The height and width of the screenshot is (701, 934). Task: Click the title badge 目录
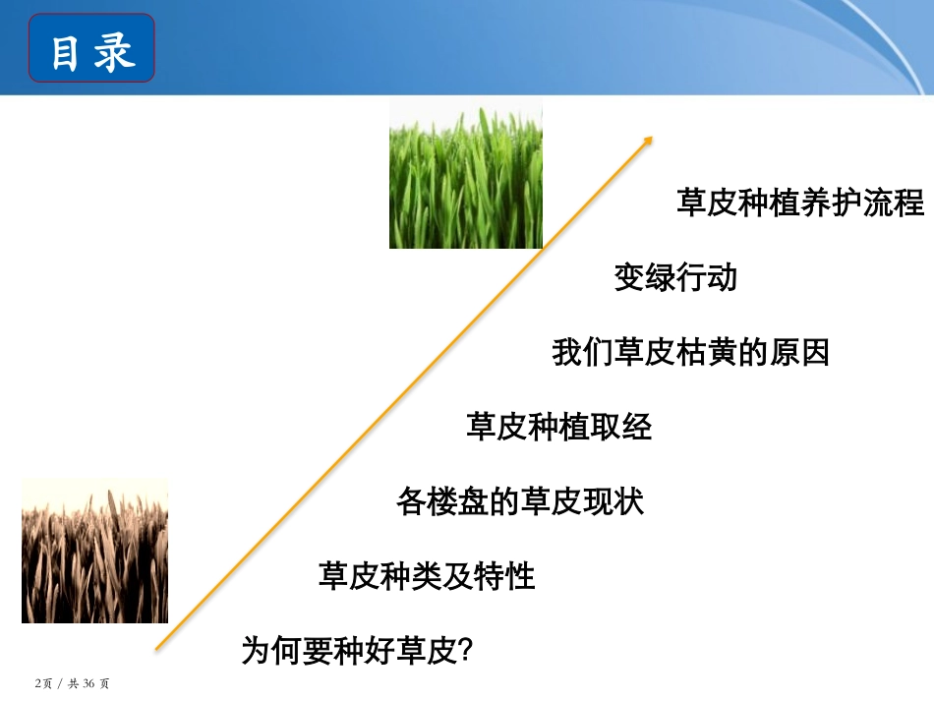[91, 48]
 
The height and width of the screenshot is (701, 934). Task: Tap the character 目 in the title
[65, 50]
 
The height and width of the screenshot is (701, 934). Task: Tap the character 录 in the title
[116, 50]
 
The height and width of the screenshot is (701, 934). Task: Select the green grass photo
[465, 174]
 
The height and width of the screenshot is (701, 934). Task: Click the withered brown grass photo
[94, 551]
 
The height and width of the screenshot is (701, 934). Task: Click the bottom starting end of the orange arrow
[157, 648]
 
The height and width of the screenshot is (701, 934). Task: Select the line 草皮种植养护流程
[800, 204]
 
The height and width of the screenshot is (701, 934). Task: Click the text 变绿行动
[675, 278]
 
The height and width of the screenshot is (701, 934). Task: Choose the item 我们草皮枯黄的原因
[690, 352]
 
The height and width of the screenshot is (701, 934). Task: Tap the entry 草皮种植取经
[558, 427]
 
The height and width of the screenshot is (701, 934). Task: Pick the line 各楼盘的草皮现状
[520, 501]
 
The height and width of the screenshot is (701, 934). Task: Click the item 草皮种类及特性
[427, 575]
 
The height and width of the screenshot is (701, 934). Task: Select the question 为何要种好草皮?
[359, 650]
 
